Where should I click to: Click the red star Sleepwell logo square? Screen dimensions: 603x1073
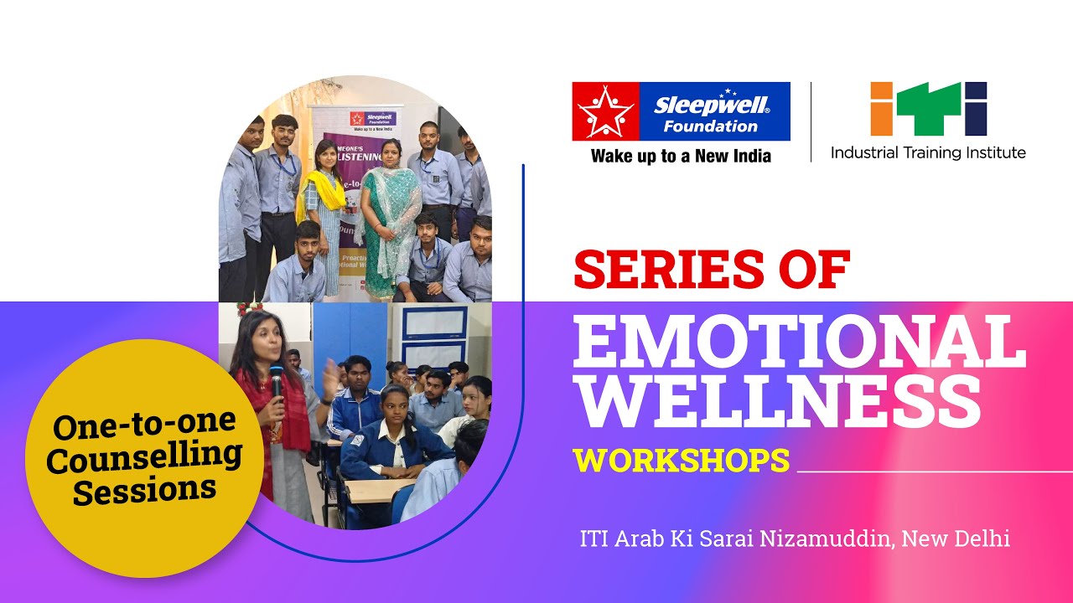605,111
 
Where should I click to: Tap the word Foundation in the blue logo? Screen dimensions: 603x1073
710,127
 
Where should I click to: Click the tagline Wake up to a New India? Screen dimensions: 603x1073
680,156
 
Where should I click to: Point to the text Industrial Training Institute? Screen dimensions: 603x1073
928,152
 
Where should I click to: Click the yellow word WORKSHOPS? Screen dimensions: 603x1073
681,460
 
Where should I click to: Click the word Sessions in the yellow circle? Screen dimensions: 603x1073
144,489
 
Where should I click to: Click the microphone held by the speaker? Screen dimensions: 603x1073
276,381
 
